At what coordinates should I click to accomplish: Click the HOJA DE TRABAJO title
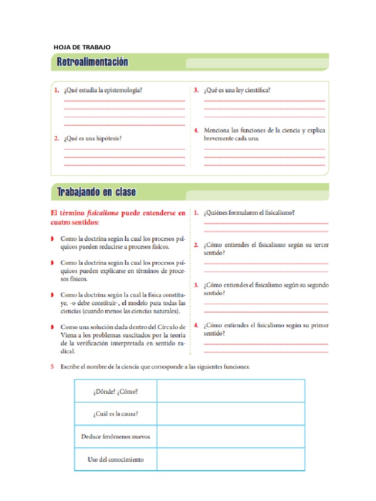tap(82, 47)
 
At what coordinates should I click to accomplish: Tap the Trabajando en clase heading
tap(96, 192)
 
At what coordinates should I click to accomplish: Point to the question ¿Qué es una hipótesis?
tap(92, 138)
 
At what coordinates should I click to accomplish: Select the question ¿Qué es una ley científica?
tap(237, 90)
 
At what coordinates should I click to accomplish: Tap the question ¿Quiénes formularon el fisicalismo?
tap(249, 213)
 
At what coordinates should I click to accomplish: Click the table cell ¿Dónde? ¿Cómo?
tap(115, 391)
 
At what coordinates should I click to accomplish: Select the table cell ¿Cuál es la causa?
tap(115, 414)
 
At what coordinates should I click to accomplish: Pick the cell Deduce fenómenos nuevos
tap(115, 436)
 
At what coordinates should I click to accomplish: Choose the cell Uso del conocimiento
tap(115, 459)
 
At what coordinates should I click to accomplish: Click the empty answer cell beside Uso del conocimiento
tap(231, 459)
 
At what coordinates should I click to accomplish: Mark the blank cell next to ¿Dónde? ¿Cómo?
tap(231, 391)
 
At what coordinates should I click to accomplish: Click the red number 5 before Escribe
tap(53, 367)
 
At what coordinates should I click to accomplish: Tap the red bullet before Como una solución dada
tap(52, 327)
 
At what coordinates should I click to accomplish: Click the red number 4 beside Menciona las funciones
tap(196, 131)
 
